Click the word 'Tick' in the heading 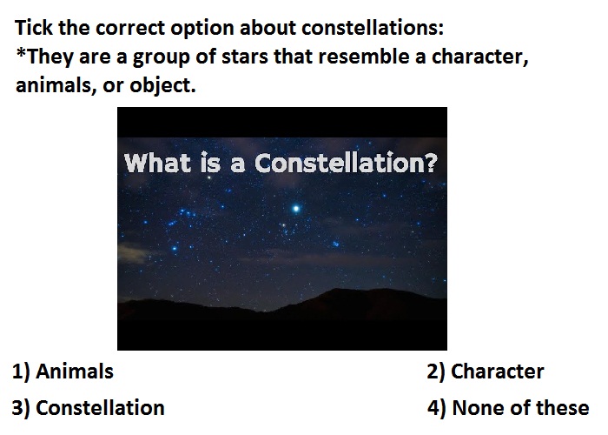tap(34, 28)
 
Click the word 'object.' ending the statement tap(162, 86)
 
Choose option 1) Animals tap(63, 371)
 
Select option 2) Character tap(486, 371)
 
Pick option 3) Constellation tap(88, 408)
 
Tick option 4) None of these tap(508, 408)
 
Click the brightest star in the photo tap(296, 209)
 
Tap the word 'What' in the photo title tap(157, 163)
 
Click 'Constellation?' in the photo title tap(347, 163)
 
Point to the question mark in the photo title tap(431, 163)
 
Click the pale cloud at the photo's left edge tap(133, 251)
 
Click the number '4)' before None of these tap(437, 409)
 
